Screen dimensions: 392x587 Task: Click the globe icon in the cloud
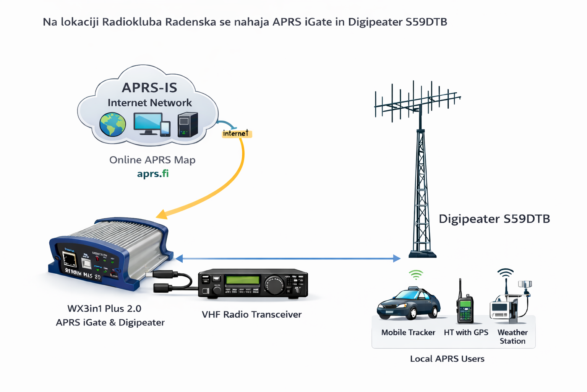tap(112, 124)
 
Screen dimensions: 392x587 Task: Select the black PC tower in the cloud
tap(188, 124)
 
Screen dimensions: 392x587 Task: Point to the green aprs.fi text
tap(153, 173)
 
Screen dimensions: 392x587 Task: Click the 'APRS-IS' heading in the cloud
tap(149, 88)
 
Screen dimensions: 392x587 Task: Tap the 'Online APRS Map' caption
tap(152, 160)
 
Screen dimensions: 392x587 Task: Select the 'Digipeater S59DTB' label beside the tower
tap(494, 219)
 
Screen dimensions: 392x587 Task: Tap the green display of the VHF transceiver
tap(243, 280)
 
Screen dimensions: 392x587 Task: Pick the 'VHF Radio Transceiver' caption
tap(251, 314)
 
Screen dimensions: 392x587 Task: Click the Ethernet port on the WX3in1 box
tap(69, 259)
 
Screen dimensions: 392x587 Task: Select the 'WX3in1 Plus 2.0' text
tap(104, 309)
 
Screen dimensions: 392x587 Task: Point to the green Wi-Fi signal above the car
tap(416, 274)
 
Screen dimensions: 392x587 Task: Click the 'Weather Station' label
tap(512, 336)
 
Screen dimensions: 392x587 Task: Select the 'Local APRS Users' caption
tap(447, 359)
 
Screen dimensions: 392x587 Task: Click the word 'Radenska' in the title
tap(191, 22)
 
